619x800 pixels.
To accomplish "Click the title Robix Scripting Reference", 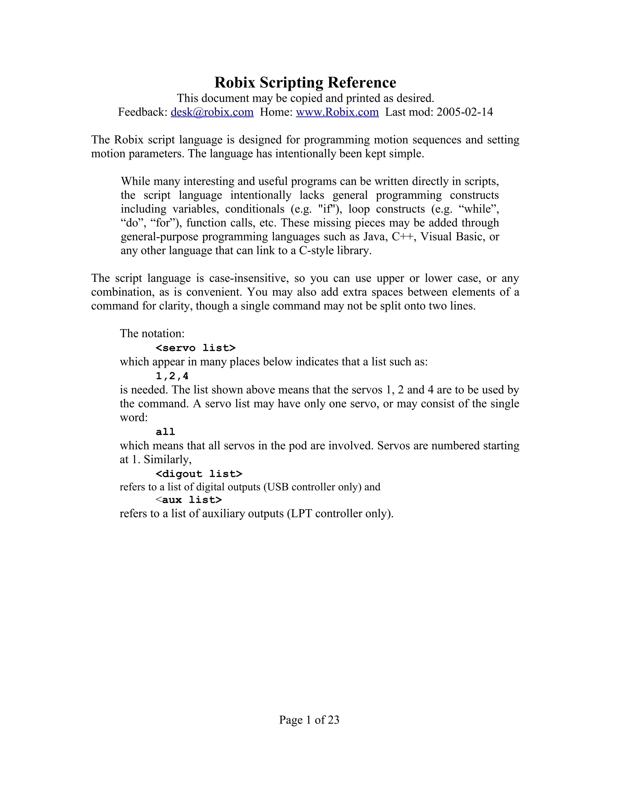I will [x=305, y=83].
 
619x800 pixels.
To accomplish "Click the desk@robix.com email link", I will [x=212, y=112].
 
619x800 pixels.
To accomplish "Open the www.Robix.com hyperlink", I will [x=337, y=112].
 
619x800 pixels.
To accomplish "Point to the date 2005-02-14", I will [x=465, y=112].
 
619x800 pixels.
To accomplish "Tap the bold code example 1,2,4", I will [x=172, y=376].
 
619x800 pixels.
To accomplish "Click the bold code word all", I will [x=165, y=432].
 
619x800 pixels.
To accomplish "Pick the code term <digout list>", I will [x=199, y=474].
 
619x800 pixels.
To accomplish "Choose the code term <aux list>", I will [x=189, y=500].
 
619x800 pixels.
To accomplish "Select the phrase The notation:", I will [x=152, y=334].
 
